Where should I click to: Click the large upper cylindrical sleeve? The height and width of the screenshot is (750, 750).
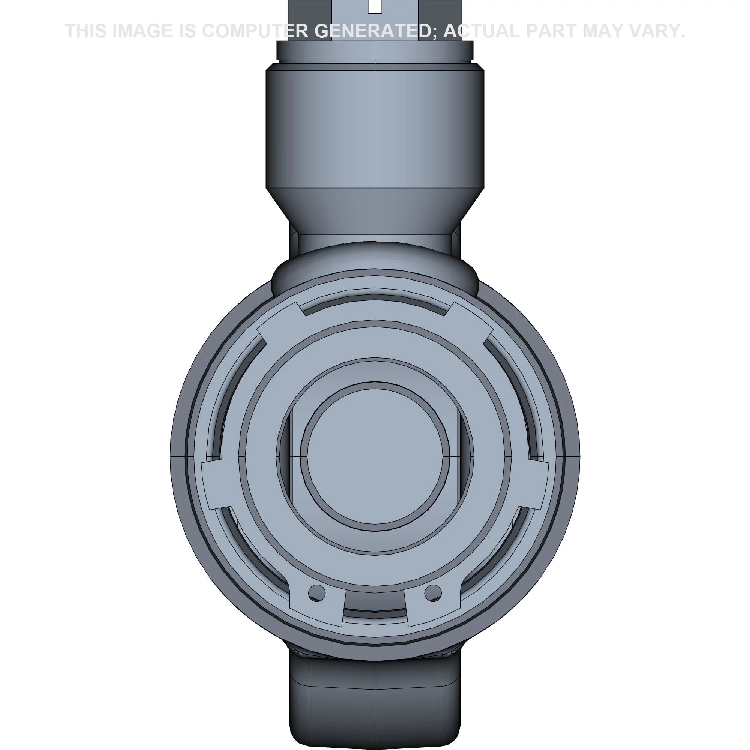pyautogui.click(x=375, y=128)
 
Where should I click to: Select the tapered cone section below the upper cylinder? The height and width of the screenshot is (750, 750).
pyautogui.click(x=375, y=210)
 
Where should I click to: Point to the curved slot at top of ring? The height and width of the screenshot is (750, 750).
pyautogui.click(x=375, y=301)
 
